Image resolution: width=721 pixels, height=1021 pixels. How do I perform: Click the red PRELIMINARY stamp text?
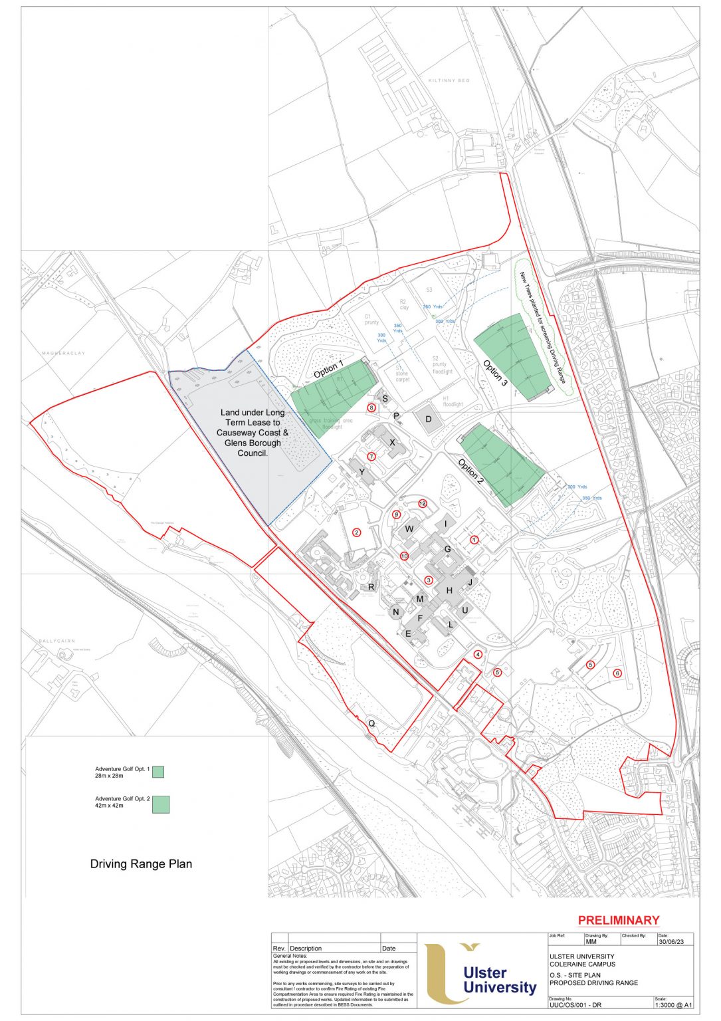click(x=618, y=921)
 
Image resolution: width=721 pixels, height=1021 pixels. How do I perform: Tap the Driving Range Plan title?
click(x=141, y=864)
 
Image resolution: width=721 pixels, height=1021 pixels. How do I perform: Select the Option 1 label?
click(x=328, y=370)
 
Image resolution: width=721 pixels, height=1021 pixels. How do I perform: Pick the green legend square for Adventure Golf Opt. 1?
click(x=158, y=772)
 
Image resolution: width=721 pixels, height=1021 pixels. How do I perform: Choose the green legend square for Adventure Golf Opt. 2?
click(x=161, y=804)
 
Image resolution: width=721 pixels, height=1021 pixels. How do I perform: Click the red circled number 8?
click(x=371, y=407)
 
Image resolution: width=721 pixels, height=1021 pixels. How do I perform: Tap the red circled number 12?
click(x=423, y=503)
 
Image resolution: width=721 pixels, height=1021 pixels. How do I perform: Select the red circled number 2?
click(x=356, y=532)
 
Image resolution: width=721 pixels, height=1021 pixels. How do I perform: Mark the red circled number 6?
click(x=617, y=673)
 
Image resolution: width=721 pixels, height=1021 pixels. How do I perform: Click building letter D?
click(x=429, y=419)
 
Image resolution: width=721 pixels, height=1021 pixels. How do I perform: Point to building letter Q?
click(x=371, y=723)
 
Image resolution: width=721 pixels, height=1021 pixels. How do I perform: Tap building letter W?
click(x=409, y=529)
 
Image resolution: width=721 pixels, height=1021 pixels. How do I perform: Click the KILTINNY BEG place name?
click(x=449, y=80)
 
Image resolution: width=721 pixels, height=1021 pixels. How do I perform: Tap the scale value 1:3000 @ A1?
click(x=673, y=1005)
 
